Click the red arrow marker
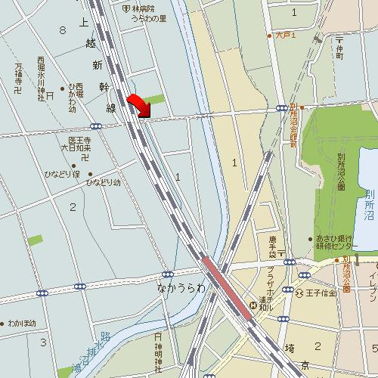coord(138,106)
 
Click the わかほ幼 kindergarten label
coord(22,323)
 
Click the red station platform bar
coord(225,284)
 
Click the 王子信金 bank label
coord(318,293)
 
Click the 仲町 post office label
coord(339,47)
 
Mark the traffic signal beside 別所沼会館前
coord(281,109)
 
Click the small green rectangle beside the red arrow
coord(154,99)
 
